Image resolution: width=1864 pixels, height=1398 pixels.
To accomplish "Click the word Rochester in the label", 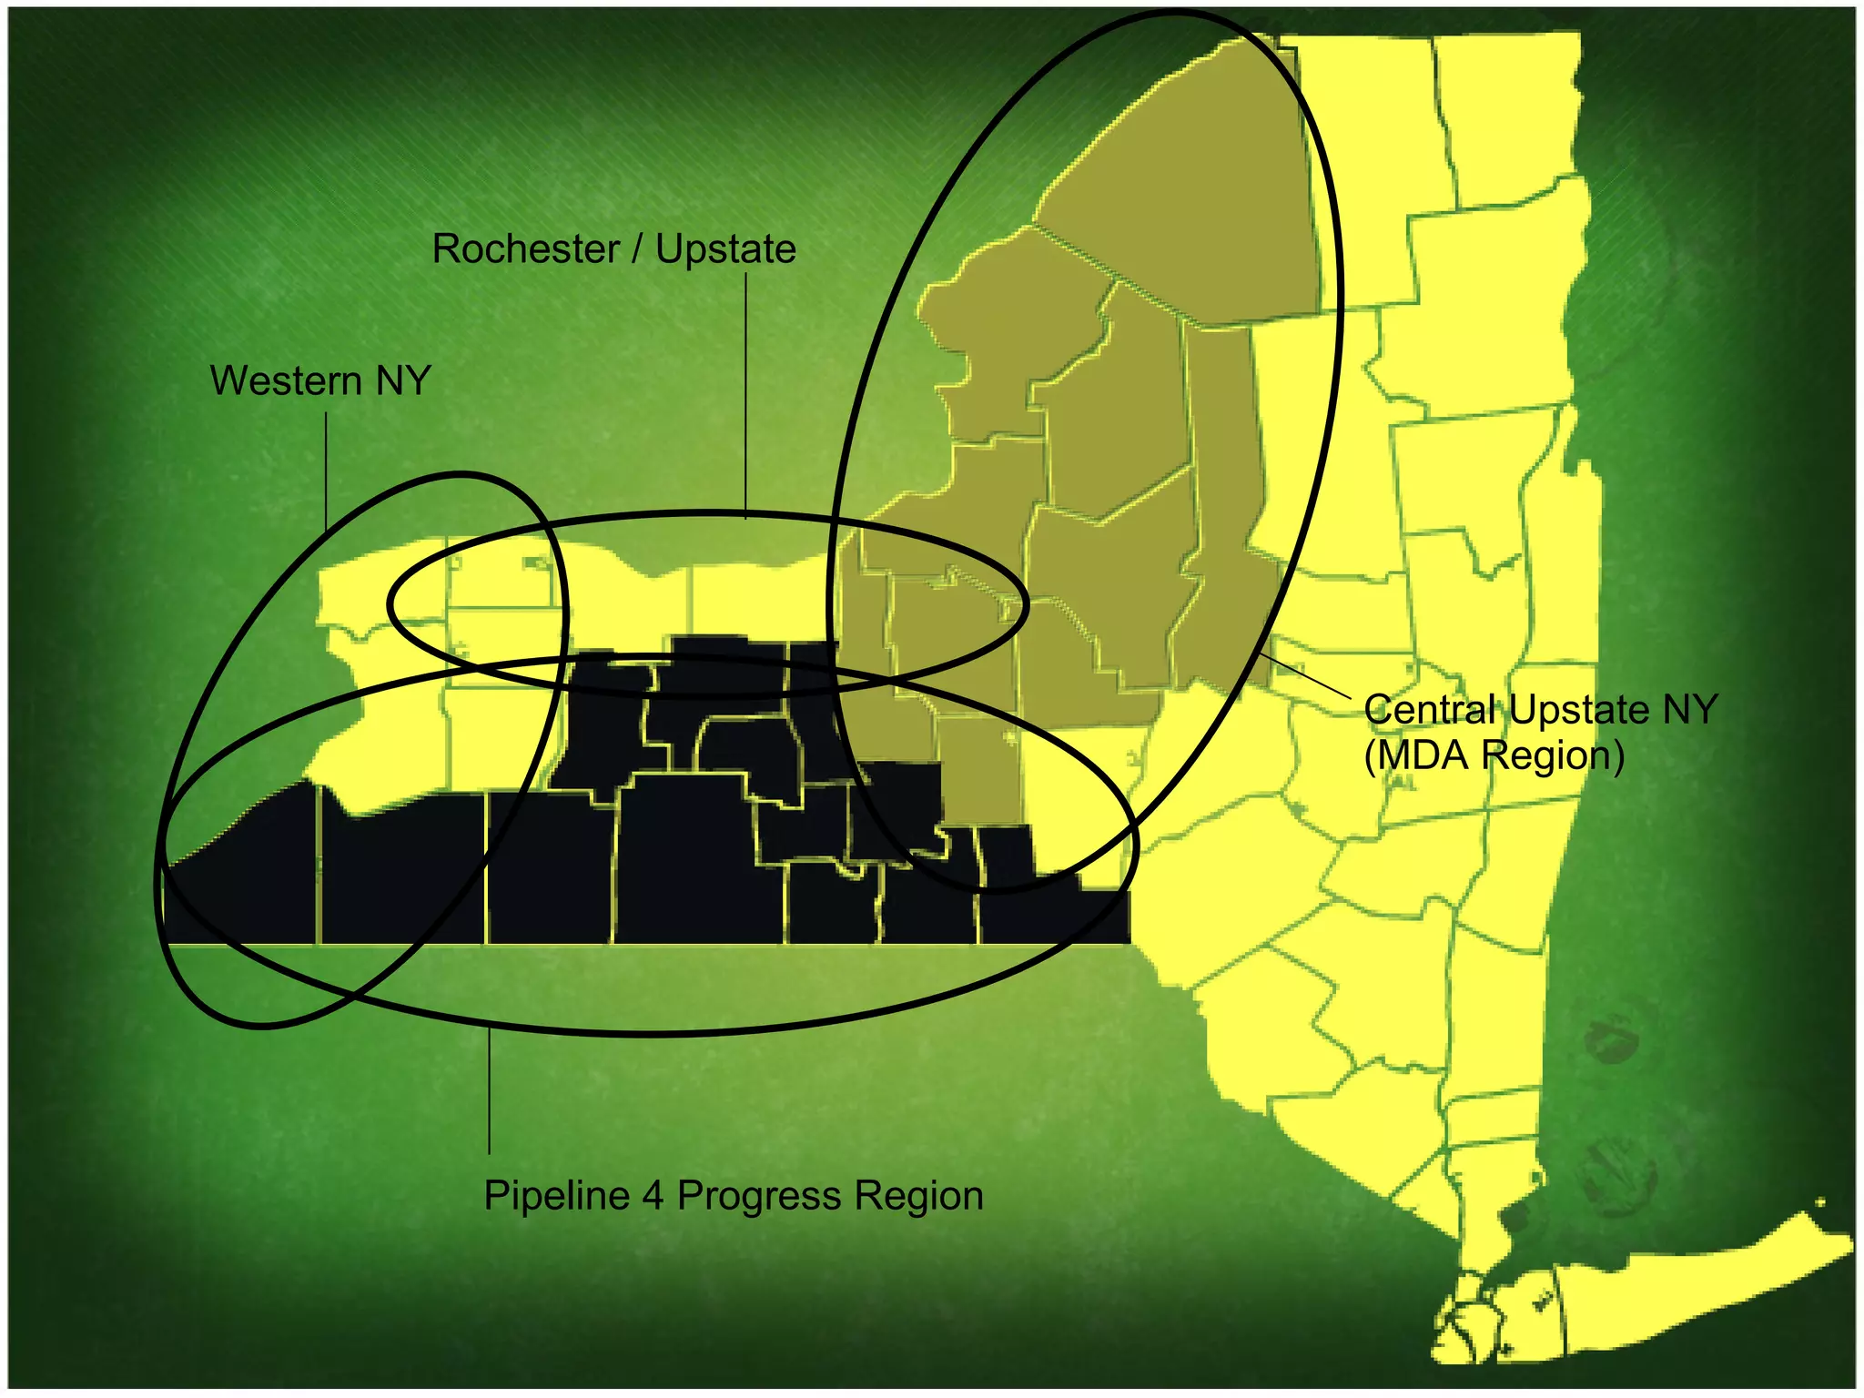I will [525, 249].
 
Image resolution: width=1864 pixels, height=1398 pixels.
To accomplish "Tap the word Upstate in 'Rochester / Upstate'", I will [725, 249].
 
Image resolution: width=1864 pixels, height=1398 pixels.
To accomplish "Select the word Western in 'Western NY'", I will [286, 380].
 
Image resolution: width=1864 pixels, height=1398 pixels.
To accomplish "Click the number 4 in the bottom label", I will [653, 1195].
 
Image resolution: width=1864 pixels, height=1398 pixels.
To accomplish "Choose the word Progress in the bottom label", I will [759, 1195].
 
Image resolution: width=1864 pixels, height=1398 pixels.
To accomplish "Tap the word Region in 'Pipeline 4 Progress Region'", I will [919, 1195].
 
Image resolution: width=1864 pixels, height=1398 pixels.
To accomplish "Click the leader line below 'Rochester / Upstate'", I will [746, 396].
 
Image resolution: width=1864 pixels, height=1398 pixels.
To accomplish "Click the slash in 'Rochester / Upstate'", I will [637, 249].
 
